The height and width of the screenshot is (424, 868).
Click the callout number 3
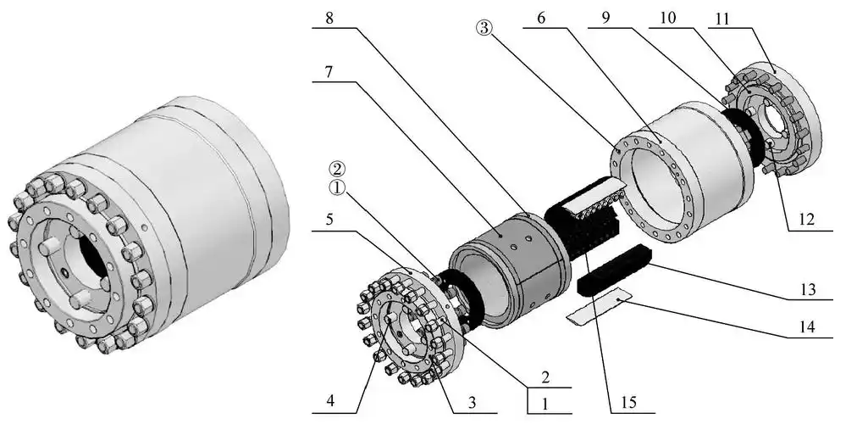click(x=473, y=400)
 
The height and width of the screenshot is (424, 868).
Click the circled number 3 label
click(x=484, y=27)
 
